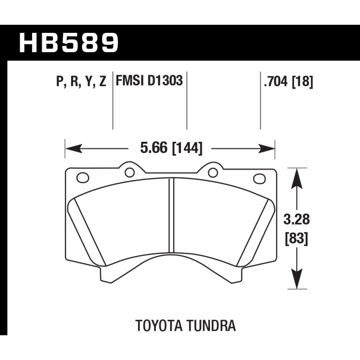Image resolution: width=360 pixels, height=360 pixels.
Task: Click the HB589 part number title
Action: pos(69,43)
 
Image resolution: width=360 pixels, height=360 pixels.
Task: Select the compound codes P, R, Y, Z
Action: pos(81,81)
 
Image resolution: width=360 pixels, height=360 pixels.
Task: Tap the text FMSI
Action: pos(130,81)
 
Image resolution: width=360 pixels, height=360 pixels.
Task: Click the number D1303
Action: pos(165,81)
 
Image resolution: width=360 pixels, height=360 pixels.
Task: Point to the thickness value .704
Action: pos(275,81)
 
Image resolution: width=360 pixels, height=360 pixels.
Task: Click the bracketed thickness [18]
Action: pos(302,81)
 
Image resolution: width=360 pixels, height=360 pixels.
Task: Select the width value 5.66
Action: pos(154,148)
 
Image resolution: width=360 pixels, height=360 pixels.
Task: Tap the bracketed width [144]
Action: pos(187,148)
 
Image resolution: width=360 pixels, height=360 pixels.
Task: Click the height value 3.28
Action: pos(297,219)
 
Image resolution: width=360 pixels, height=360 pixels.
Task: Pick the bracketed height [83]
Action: pos(296,238)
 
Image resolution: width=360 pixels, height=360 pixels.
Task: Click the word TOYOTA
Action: pos(159,325)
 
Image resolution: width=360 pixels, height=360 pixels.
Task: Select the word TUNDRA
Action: pos(211,325)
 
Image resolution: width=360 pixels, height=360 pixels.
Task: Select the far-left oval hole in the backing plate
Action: pos(83,177)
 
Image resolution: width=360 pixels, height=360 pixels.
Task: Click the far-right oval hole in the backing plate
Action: pos(260,179)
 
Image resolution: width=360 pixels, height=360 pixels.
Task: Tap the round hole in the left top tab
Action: pos(130,172)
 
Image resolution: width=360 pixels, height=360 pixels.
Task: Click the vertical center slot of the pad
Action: pos(171,215)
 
